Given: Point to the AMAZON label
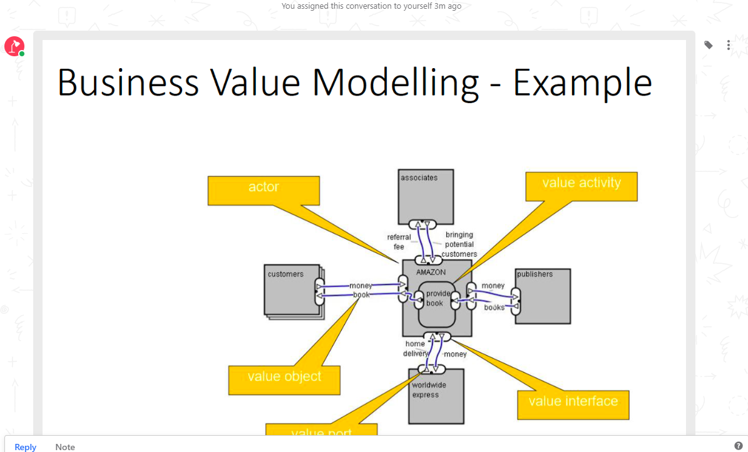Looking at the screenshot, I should pyautogui.click(x=431, y=273).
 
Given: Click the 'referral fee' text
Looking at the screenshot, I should pyautogui.click(x=399, y=242).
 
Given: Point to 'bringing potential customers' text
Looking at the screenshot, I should pyautogui.click(x=459, y=244).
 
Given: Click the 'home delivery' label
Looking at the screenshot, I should pyautogui.click(x=415, y=349).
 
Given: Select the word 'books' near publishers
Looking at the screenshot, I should pyautogui.click(x=494, y=308).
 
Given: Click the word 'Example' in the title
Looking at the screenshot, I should pyautogui.click(x=582, y=83).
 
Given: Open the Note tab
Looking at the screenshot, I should pyautogui.click(x=65, y=446).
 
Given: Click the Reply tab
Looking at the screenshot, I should pyautogui.click(x=26, y=446).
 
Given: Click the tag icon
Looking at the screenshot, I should pyautogui.click(x=708, y=45).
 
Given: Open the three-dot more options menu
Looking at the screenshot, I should pyautogui.click(x=729, y=45).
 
